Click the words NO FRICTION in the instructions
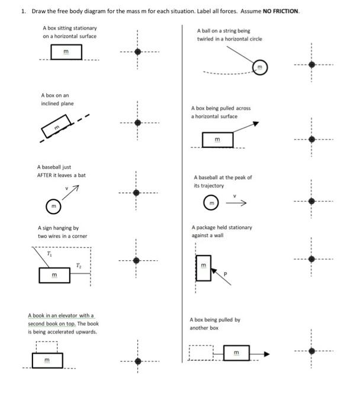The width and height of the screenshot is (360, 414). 281,11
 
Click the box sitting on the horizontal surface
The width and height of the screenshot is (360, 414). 66,53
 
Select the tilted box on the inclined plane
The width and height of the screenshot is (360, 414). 57,127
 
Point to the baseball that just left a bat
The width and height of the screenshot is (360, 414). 53,206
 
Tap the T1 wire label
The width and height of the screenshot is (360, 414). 49,253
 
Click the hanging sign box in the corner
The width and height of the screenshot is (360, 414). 54,276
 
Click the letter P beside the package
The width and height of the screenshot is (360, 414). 224,274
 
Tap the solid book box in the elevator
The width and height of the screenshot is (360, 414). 47,360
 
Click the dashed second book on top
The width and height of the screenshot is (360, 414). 46,345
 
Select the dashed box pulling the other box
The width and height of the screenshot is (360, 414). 201,353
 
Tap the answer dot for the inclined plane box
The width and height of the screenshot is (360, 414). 137,123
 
